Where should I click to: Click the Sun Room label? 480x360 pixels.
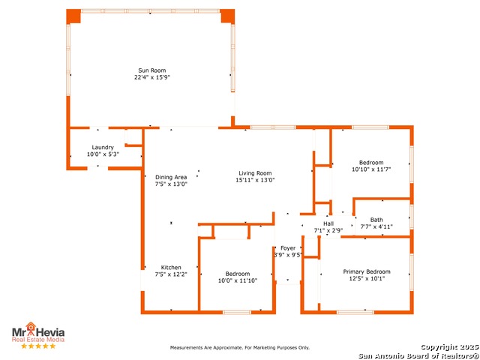[x=151, y=70]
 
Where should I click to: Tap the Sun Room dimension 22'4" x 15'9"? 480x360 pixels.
[x=151, y=77]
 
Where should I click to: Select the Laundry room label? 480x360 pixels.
[x=103, y=148]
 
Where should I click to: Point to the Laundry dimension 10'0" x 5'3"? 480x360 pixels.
[x=103, y=154]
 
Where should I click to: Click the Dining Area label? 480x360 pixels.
[x=171, y=177]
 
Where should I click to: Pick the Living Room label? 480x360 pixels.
[x=255, y=173]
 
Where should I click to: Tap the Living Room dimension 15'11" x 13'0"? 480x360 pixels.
[x=255, y=180]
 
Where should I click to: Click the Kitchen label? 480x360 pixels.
[x=171, y=268]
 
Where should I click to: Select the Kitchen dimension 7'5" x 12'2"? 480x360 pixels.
[x=171, y=274]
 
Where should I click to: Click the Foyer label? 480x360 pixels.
[x=288, y=248]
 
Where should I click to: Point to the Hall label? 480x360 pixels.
[x=328, y=223]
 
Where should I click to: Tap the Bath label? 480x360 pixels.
[x=376, y=220]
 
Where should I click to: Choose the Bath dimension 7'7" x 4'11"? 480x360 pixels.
[x=376, y=226]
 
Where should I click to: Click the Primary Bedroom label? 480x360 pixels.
[x=367, y=271]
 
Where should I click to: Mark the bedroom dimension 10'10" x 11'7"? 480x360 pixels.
[x=371, y=169]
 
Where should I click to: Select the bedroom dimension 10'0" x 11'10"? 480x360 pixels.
[x=238, y=280]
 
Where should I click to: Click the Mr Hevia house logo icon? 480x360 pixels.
[x=31, y=327]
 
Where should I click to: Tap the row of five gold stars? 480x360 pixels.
[x=38, y=346]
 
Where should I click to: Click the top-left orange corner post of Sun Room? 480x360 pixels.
[x=73, y=16]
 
